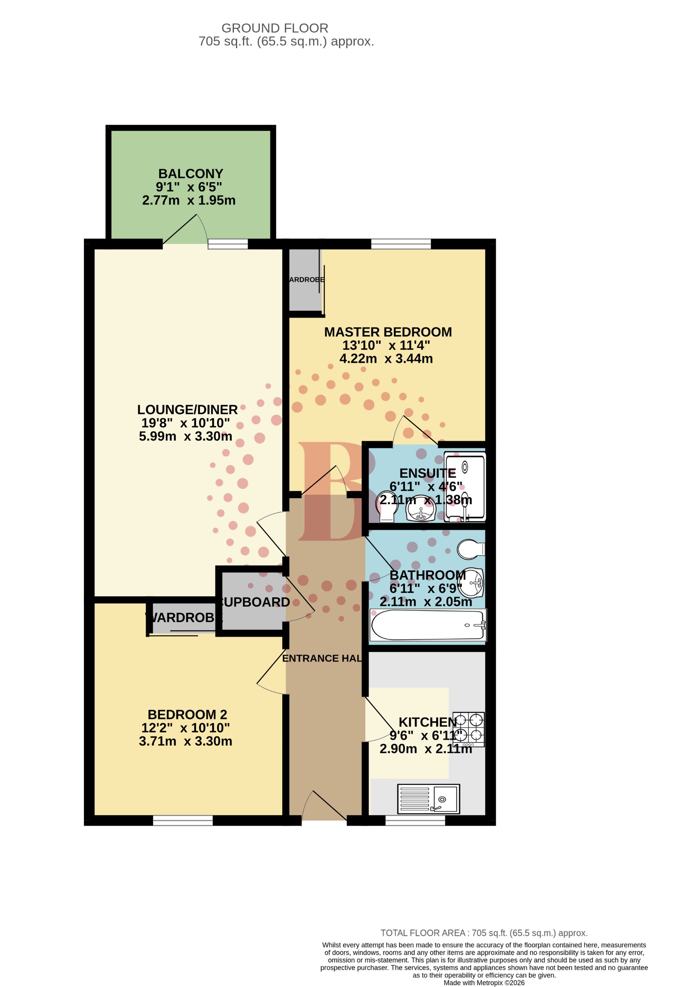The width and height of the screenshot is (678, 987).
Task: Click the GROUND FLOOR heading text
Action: point(275,28)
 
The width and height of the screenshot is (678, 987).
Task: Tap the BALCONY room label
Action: point(190,174)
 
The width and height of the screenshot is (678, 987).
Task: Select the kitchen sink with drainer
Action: point(428,799)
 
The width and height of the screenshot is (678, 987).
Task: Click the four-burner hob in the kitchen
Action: point(468,729)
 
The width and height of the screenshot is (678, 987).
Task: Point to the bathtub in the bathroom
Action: point(427,625)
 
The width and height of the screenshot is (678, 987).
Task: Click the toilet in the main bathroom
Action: point(470,550)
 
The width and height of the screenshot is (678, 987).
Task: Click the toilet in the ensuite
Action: point(387,507)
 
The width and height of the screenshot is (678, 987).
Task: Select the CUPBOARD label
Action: point(255,602)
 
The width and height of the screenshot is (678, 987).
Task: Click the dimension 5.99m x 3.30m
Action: point(185,436)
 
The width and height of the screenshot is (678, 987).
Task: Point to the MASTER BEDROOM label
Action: point(388,332)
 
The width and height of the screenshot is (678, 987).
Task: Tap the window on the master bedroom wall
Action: point(401,244)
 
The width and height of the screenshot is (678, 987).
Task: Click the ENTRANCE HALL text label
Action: point(322,658)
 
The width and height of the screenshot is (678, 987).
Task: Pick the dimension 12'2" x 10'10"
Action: point(185,728)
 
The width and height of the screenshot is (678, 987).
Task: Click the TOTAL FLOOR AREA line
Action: point(484,933)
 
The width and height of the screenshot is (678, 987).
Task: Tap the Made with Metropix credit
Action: point(484,983)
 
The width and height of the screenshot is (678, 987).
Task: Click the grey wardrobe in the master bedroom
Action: point(305,280)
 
